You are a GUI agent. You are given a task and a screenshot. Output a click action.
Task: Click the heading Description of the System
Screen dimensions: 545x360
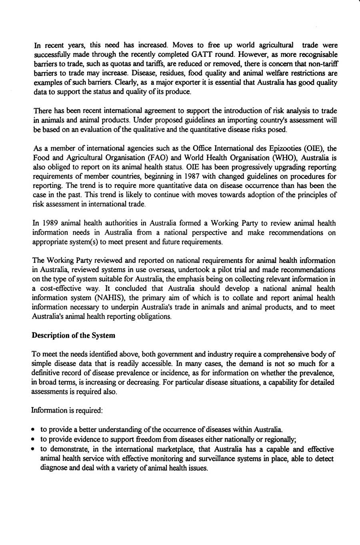click(73, 336)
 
